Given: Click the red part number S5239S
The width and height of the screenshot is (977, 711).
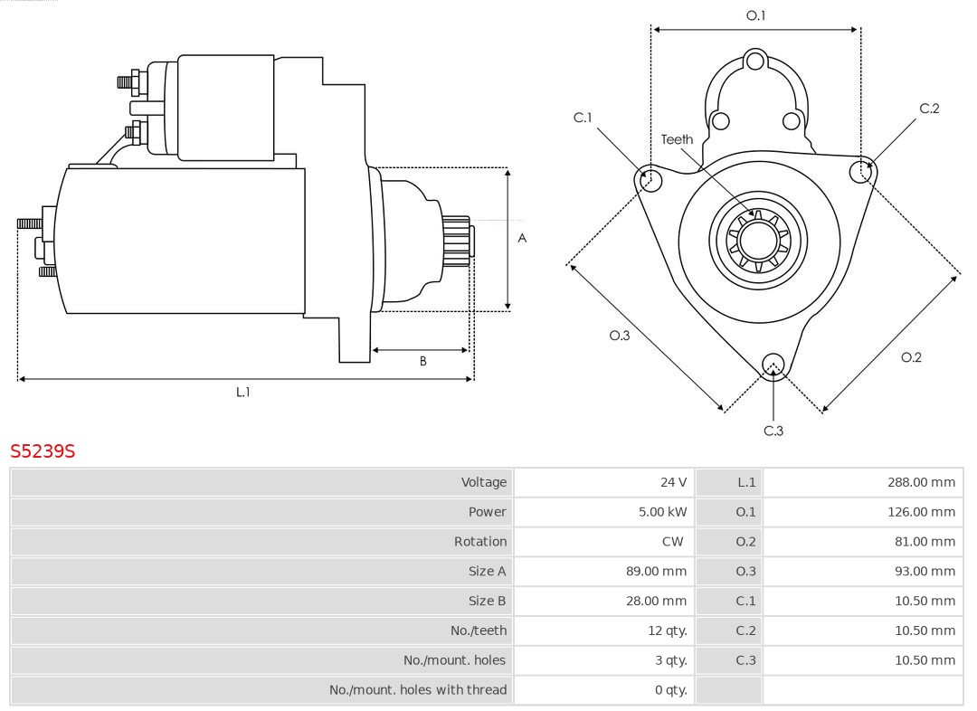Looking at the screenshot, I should (x=43, y=450).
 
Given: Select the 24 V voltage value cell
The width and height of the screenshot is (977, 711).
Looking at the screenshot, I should (x=673, y=482).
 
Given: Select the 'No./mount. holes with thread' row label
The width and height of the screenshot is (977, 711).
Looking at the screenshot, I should (x=417, y=690).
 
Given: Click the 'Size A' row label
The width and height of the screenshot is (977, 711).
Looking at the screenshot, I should (x=487, y=572).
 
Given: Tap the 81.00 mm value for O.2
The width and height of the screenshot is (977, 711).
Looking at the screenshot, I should (x=924, y=542).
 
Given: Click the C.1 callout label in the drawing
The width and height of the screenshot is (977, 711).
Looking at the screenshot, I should (x=583, y=118).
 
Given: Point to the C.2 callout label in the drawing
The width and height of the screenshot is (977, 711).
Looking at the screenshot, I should (x=929, y=109).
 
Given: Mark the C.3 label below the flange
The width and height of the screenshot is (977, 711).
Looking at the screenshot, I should (x=773, y=431).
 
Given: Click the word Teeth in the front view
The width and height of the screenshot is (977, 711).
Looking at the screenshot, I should (x=677, y=139).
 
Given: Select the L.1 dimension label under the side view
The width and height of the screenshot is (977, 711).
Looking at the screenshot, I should (x=243, y=393).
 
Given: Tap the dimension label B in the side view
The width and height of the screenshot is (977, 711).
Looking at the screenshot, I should (x=422, y=362).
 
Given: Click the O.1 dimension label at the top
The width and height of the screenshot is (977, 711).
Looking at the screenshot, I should (x=755, y=15).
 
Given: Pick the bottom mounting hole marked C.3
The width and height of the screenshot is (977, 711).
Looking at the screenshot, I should (x=773, y=365).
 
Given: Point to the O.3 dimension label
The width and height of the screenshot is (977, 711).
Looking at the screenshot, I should (x=619, y=336).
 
